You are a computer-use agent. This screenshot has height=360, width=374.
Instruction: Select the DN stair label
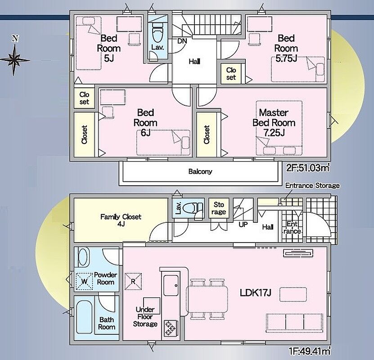coord(182,41)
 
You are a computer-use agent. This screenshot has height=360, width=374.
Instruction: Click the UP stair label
coord(243,225)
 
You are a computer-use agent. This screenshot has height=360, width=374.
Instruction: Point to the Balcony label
coord(200,171)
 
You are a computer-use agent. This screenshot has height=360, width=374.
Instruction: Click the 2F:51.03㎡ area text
coord(308,168)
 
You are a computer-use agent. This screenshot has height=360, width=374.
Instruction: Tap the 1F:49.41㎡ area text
coord(310,351)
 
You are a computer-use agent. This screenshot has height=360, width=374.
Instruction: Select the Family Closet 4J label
coord(121,220)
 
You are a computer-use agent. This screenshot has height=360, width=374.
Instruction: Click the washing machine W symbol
coord(84,282)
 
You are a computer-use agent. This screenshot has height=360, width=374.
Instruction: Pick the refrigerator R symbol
coord(133,282)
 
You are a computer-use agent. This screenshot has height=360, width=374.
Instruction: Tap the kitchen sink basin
coord(171,285)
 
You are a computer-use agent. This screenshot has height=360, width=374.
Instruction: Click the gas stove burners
coord(171,328)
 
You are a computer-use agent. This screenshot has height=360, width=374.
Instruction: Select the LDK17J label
coord(256,293)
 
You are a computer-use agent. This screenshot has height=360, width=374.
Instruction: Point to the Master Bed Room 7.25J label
coord(274,122)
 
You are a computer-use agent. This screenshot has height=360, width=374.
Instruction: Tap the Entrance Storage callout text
coord(312,185)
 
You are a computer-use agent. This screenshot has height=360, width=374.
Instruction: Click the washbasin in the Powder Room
coord(82,257)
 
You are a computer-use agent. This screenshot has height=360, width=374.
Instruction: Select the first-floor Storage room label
coord(219,208)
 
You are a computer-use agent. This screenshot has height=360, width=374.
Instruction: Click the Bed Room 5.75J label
coord(286,48)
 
